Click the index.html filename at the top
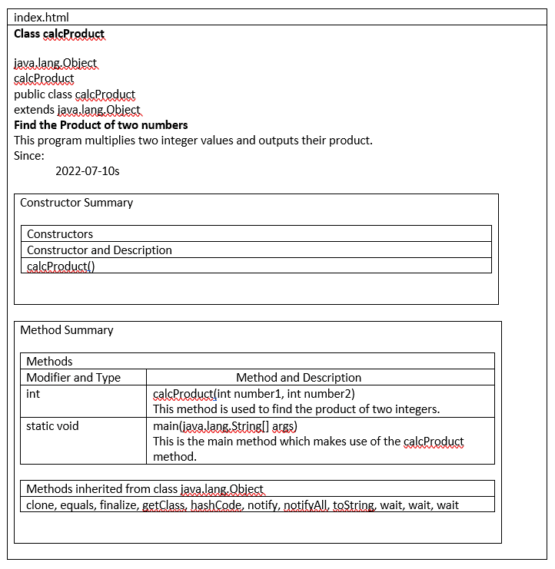click(42, 18)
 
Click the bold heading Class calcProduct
click(59, 34)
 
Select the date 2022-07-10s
click(87, 170)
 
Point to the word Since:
click(29, 155)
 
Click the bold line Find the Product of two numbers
click(101, 124)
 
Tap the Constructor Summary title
click(76, 203)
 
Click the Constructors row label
click(60, 233)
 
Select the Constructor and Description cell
click(99, 250)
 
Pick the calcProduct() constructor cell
click(61, 266)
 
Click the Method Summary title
click(67, 330)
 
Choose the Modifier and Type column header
click(74, 377)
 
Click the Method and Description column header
click(298, 377)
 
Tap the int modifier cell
click(33, 393)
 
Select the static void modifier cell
click(52, 425)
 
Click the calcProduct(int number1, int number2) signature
click(254, 393)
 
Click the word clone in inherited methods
click(42, 504)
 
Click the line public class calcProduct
click(75, 94)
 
